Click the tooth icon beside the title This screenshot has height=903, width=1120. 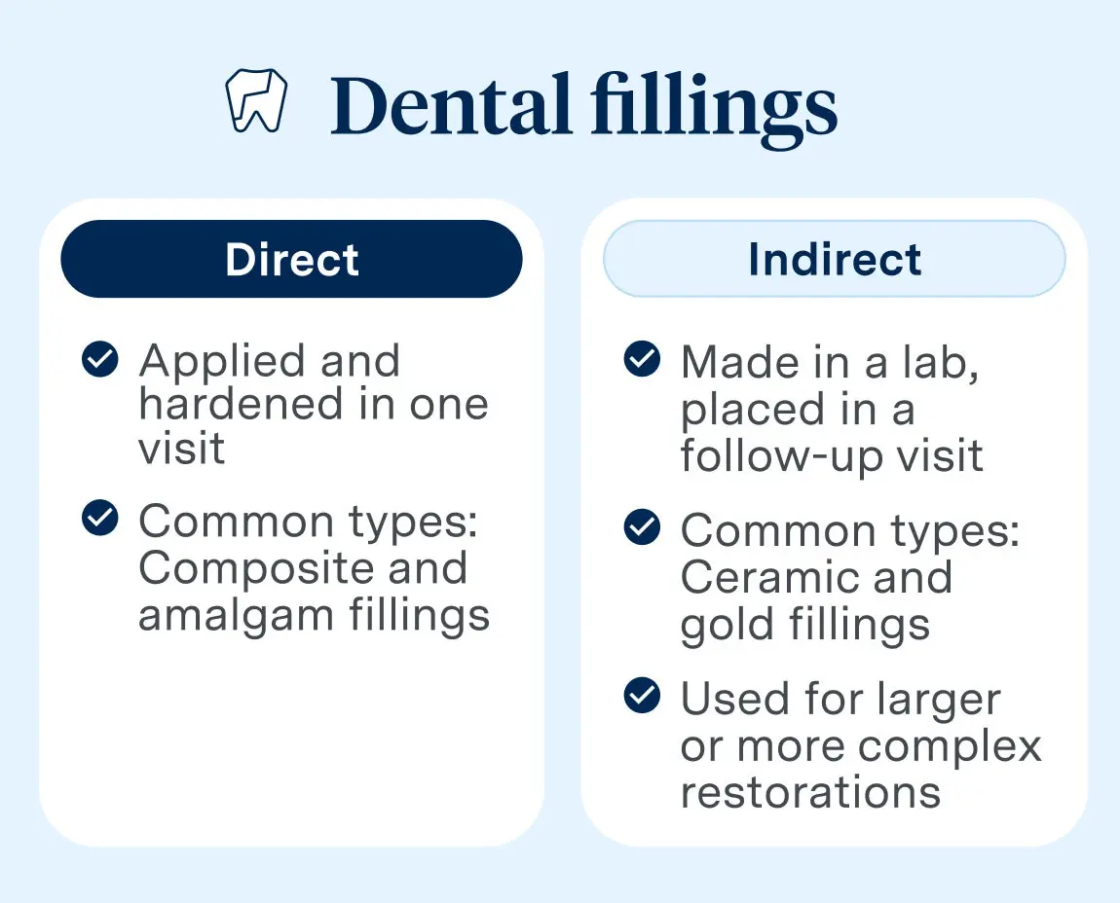(256, 101)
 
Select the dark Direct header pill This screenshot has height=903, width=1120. (291, 259)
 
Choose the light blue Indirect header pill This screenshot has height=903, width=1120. (835, 259)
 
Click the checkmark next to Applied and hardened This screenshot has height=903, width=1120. (100, 360)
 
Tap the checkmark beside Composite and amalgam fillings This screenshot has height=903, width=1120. (100, 519)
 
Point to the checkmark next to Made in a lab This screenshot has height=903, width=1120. (641, 360)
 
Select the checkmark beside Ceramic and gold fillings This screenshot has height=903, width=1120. (641, 528)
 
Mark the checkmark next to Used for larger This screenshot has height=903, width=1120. (641, 697)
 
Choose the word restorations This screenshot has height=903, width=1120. (810, 792)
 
